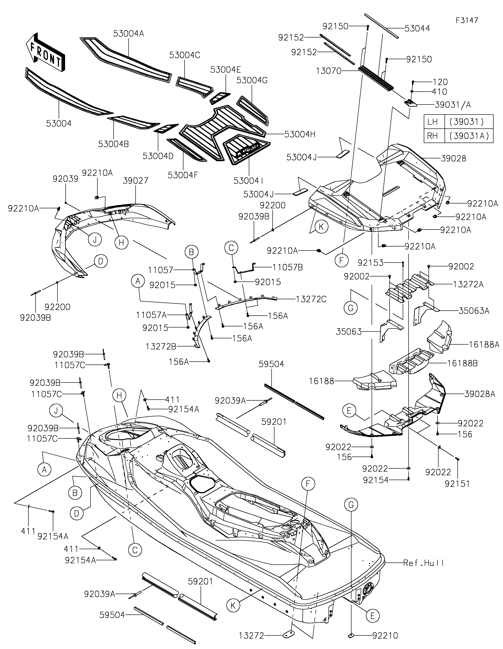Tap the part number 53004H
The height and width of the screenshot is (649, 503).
point(300,134)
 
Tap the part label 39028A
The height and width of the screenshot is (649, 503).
point(480,394)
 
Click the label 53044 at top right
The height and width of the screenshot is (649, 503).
point(417,29)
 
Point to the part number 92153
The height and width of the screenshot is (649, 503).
point(370,263)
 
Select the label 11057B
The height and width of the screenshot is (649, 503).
point(288,268)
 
